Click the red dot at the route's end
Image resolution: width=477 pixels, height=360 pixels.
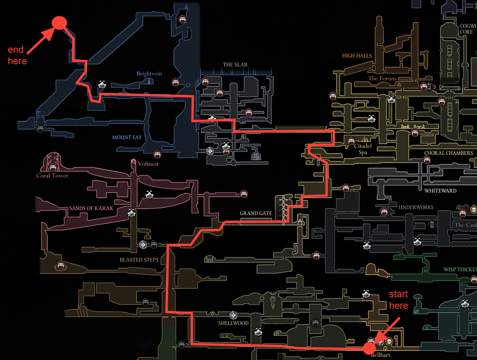(x=59, y=23)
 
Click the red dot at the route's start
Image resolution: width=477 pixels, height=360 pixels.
(x=369, y=348)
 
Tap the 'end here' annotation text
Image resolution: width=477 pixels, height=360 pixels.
(x=17, y=55)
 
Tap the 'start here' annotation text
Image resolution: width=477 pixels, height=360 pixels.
(x=398, y=300)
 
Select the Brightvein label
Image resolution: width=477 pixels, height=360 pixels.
(x=149, y=74)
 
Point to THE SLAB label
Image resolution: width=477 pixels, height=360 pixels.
(x=236, y=65)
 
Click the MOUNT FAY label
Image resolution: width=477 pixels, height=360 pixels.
(x=127, y=137)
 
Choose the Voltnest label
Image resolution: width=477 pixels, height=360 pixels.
(x=148, y=164)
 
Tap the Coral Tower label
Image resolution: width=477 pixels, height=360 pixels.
(x=52, y=175)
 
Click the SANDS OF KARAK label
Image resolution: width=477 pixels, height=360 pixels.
(x=91, y=208)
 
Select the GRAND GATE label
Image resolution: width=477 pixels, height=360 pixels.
(x=256, y=213)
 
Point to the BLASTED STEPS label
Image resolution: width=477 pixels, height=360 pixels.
(x=139, y=260)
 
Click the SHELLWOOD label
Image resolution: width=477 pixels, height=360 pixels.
(x=233, y=323)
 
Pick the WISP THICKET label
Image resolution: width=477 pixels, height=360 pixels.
(x=460, y=270)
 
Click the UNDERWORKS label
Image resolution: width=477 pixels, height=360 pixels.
(x=416, y=207)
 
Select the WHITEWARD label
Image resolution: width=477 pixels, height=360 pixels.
(x=440, y=191)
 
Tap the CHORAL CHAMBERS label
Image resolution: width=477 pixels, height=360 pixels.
(x=448, y=153)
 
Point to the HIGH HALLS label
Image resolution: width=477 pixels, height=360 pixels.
(x=357, y=56)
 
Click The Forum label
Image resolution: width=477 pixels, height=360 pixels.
(x=382, y=78)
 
